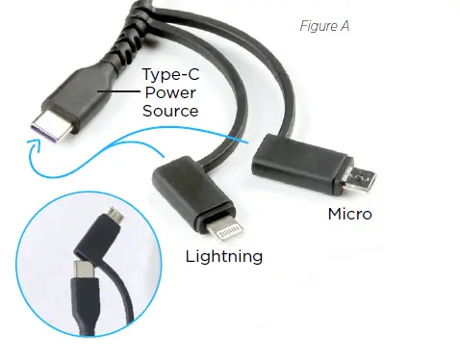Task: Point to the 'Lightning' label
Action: point(224,256)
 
